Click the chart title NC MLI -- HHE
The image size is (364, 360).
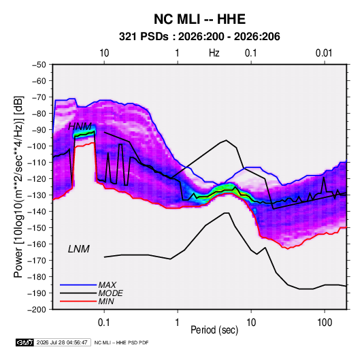(199, 19)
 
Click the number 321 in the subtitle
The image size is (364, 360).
(127, 37)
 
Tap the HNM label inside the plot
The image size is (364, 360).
(80, 127)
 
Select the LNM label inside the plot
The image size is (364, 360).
(79, 249)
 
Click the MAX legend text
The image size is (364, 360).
(107, 284)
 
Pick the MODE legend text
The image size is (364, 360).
(110, 293)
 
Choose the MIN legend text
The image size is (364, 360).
(106, 301)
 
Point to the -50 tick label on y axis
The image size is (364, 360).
(39, 65)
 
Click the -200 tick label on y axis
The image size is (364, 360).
(37, 310)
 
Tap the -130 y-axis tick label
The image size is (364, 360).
(37, 195)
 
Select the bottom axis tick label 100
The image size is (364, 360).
(325, 323)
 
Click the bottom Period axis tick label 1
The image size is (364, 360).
(178, 323)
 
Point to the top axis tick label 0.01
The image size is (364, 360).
(324, 53)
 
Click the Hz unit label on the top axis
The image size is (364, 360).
(214, 53)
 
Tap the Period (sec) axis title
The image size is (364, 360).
(214, 330)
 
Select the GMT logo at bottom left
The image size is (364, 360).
(25, 342)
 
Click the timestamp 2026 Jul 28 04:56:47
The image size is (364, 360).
(62, 342)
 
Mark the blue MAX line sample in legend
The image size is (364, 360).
(78, 284)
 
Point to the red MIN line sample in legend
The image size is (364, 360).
(78, 301)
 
